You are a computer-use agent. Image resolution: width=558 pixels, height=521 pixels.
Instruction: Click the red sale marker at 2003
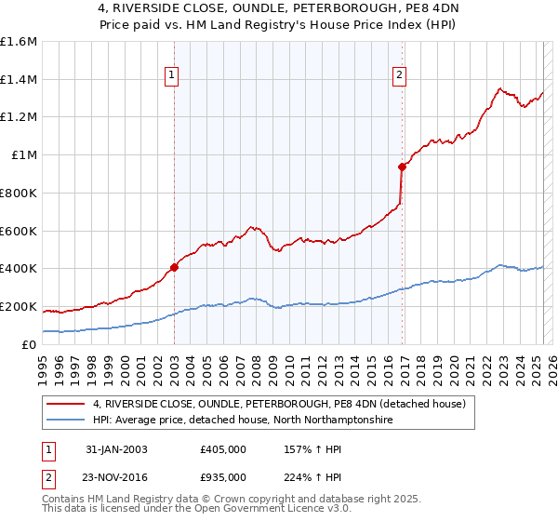(x=174, y=267)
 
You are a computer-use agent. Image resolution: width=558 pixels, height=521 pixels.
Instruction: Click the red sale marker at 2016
(x=402, y=167)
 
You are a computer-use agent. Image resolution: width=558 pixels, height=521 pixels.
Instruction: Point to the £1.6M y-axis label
(x=18, y=42)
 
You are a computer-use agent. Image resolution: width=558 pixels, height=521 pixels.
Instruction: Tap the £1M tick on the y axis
(x=23, y=154)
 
